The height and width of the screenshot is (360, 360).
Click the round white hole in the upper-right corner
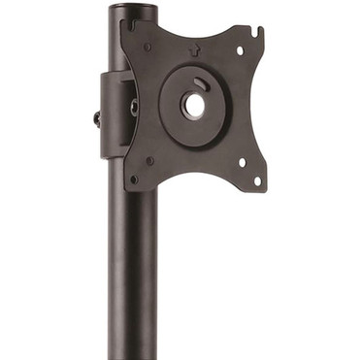pos(241,49)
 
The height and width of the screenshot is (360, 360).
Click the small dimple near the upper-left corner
pos(148,46)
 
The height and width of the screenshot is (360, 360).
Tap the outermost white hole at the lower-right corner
pos(257,180)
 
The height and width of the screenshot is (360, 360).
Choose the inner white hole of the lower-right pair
pos(242,162)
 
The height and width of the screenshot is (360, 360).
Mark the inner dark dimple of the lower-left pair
pos(149,161)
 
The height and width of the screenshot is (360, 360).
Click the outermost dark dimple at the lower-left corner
pos(134,179)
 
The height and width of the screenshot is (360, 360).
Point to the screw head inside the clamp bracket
pos(133,107)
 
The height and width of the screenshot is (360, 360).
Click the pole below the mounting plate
pos(133,272)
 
